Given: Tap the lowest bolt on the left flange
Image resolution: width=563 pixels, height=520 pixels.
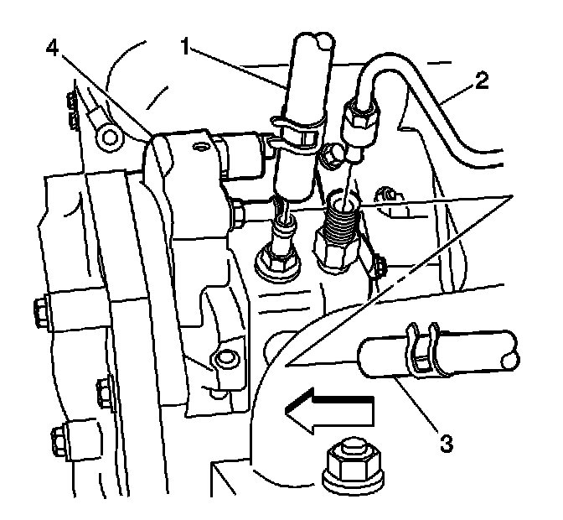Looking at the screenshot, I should [60, 439].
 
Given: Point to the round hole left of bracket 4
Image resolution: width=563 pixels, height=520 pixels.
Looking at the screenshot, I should [106, 135].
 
